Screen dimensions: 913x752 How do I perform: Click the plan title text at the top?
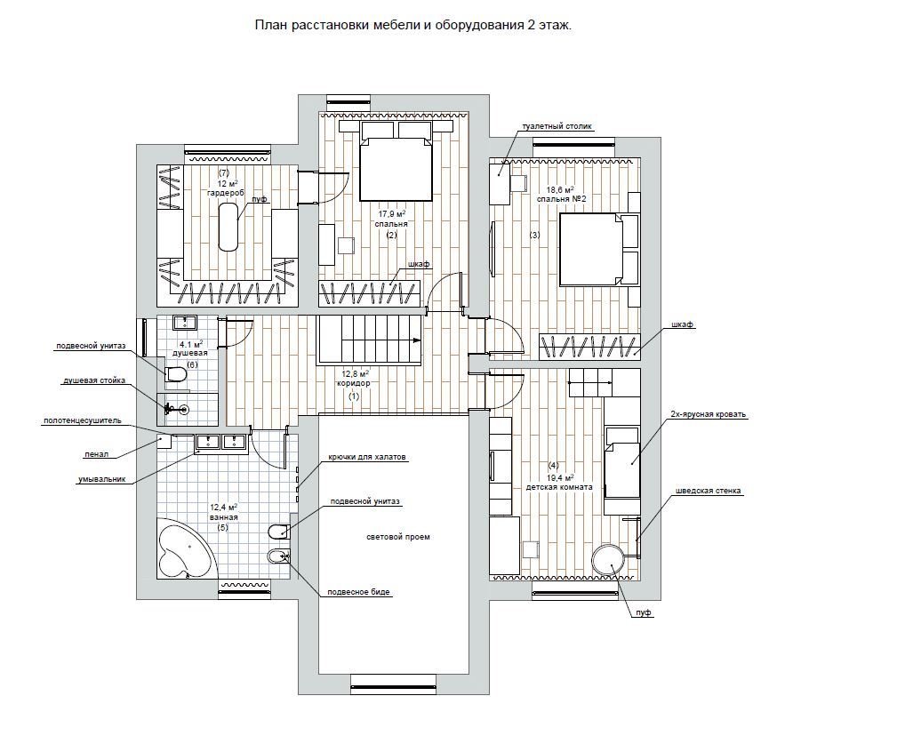[413, 26]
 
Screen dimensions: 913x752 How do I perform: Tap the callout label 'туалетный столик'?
[557, 125]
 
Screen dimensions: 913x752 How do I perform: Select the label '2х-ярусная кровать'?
[708, 414]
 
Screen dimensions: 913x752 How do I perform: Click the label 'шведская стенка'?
[709, 490]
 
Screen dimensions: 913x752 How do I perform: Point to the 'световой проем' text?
[398, 537]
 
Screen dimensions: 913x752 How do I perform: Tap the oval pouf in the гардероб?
[228, 227]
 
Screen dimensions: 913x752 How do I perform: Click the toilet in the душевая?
[174, 375]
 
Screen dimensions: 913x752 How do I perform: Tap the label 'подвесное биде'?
[358, 592]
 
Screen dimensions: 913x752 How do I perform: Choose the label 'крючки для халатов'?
[367, 457]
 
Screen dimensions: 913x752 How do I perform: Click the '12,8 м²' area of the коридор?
[356, 373]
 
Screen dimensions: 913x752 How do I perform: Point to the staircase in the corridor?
[369, 340]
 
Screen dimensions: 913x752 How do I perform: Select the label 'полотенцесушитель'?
[82, 420]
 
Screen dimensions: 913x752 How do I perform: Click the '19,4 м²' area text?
[559, 476]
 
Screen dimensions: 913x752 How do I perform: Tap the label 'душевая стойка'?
[93, 380]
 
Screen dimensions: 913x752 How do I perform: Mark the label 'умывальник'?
[102, 480]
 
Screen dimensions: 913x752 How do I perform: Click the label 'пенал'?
[96, 454]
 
